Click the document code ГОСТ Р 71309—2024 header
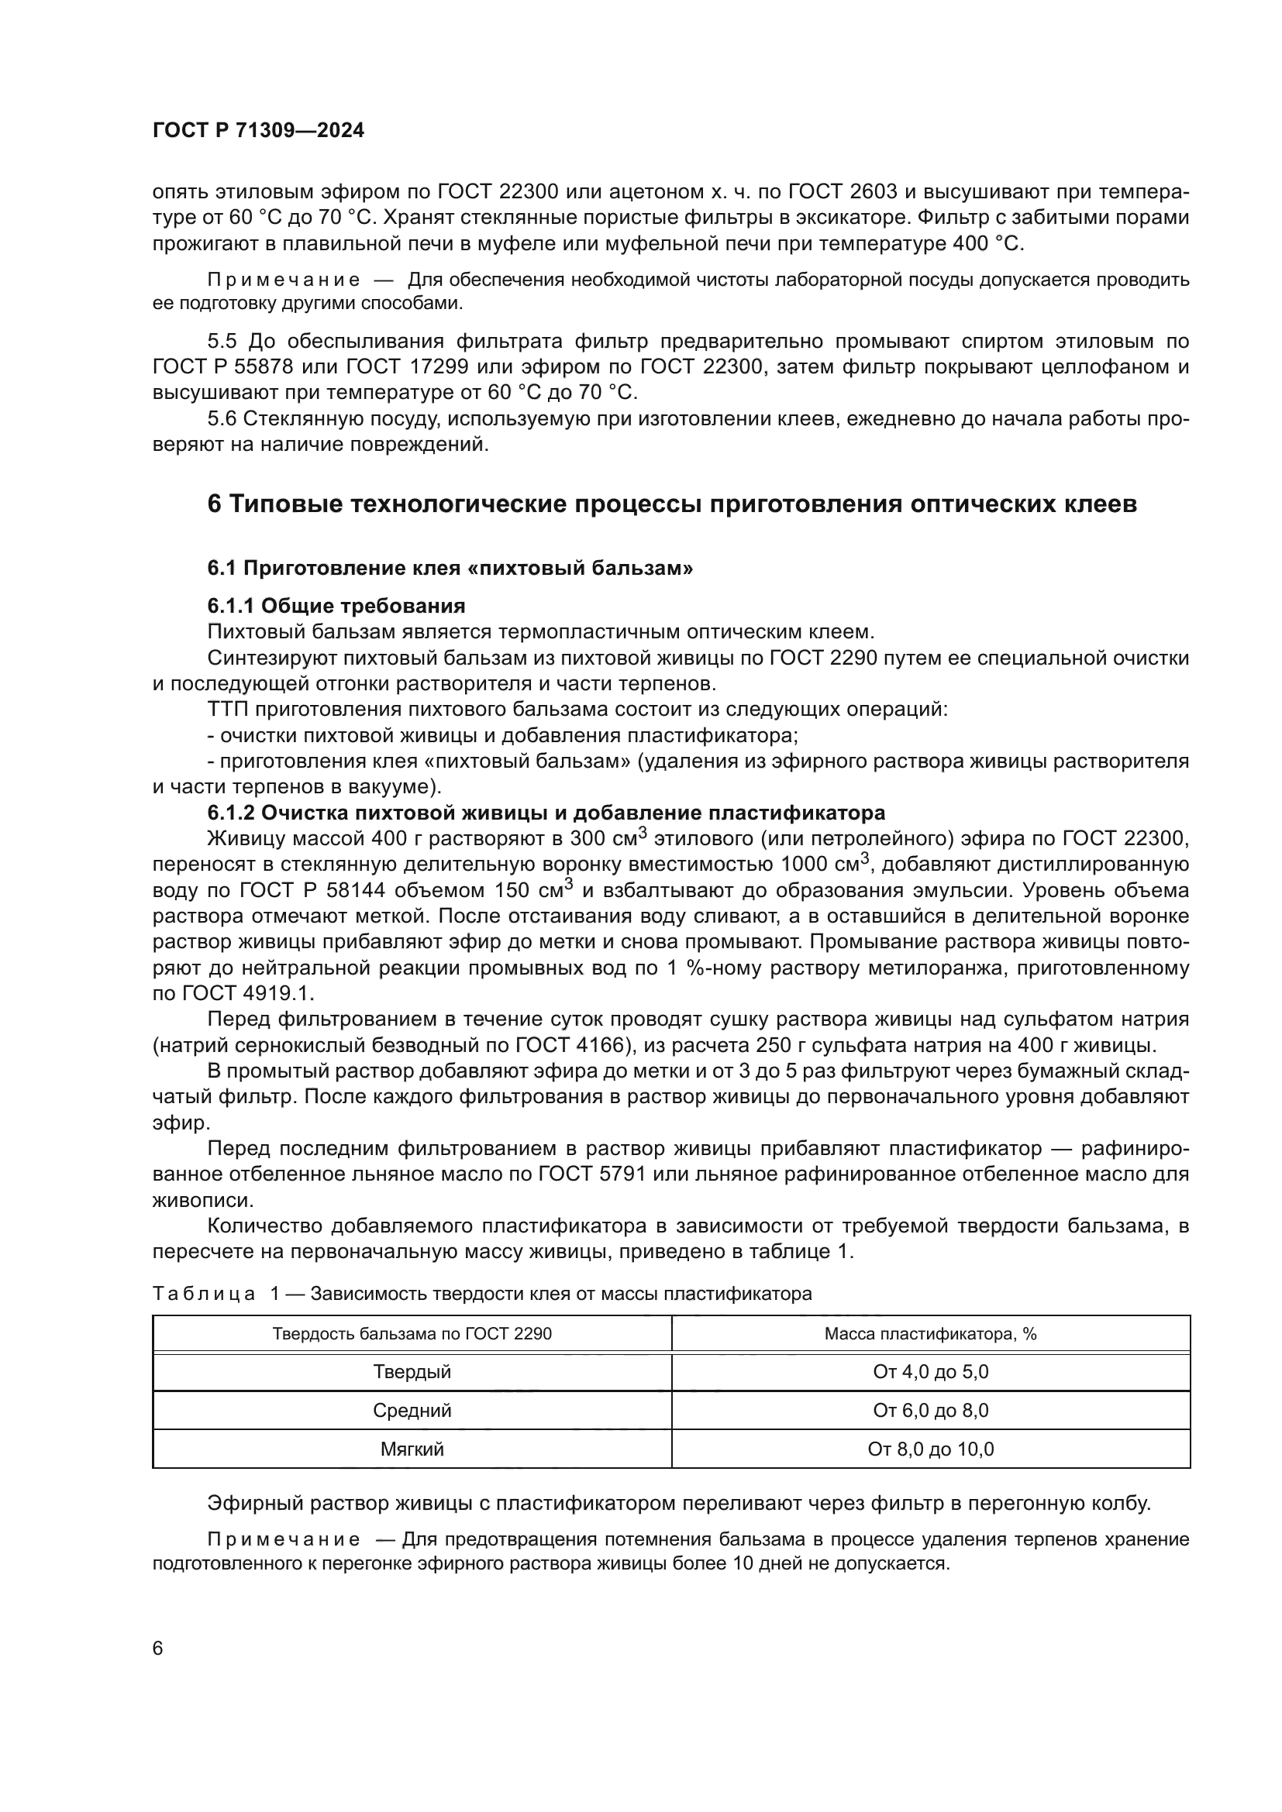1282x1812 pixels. pos(258,131)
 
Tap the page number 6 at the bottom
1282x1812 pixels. pos(158,1648)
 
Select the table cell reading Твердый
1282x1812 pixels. pos(412,1372)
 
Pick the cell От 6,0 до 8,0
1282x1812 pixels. pos(931,1410)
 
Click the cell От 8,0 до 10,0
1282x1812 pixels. pos(931,1449)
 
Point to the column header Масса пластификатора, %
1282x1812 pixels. pos(931,1334)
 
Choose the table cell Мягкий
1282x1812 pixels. pos(412,1449)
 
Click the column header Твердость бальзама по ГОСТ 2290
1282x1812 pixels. pos(412,1334)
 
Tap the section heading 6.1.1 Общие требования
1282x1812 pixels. pos(336,606)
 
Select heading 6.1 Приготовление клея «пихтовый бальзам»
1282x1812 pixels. pos(450,567)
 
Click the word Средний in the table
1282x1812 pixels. pos(412,1410)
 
